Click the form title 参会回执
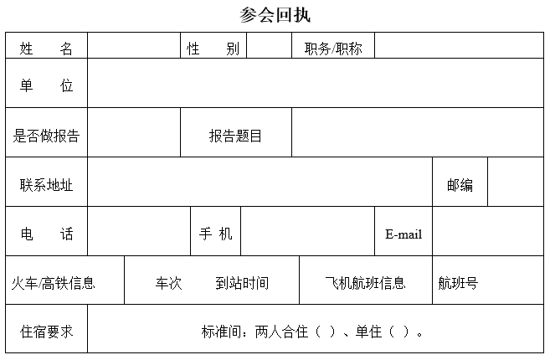point(275,15)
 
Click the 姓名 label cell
point(46,49)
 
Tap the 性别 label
point(213,49)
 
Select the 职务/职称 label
point(333,49)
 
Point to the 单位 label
point(46,85)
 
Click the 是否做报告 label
point(46,136)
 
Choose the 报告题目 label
point(235,136)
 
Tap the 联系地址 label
point(46,185)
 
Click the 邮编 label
point(460,185)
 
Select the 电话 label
point(47,234)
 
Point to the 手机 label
point(216,234)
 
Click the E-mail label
point(404,234)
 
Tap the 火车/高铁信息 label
point(54,283)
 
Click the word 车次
point(169,283)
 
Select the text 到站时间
point(242,283)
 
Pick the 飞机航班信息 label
point(365,283)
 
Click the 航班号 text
point(458,283)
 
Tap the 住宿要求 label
point(46,332)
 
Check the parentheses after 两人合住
point(325,332)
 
